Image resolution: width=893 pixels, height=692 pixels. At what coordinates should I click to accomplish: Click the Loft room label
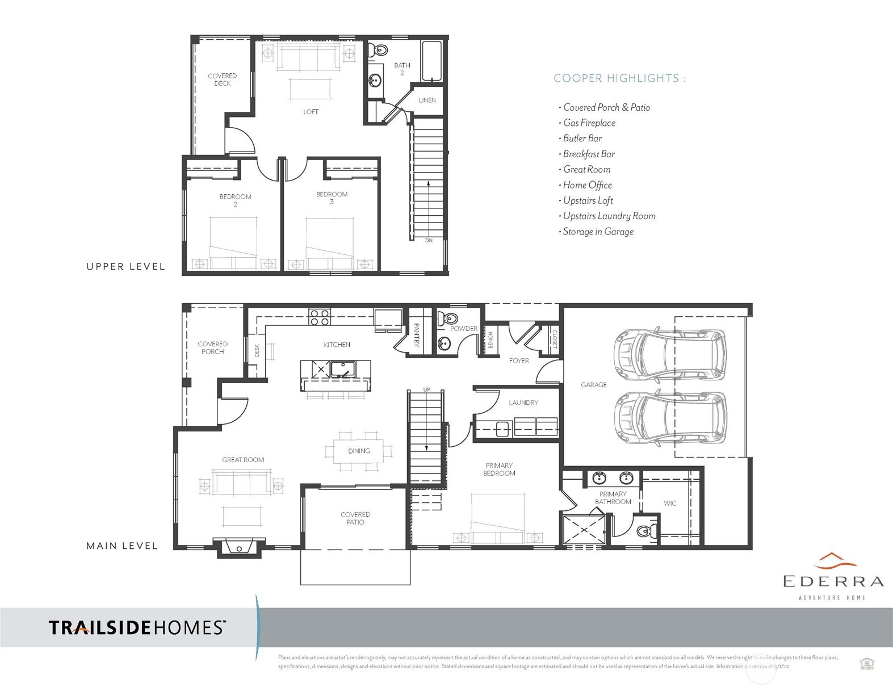(311, 112)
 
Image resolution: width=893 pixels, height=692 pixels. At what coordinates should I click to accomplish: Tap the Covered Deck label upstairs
(222, 79)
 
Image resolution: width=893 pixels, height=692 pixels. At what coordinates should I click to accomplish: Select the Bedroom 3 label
(332, 198)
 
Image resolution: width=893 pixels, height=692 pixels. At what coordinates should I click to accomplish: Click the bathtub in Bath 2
(433, 61)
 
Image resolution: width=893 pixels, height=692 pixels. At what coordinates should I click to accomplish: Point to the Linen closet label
(427, 100)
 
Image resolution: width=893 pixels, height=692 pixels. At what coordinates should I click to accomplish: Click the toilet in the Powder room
(450, 318)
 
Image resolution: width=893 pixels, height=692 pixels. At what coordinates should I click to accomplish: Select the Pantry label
(416, 335)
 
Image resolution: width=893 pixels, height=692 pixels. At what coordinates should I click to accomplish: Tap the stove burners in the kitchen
(320, 317)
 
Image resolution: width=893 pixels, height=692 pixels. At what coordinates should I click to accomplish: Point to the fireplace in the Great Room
(240, 548)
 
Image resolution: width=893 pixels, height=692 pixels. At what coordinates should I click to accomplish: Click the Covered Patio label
(355, 518)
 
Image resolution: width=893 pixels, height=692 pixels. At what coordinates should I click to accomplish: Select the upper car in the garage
(670, 355)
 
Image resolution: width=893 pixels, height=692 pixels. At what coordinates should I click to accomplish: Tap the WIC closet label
(670, 503)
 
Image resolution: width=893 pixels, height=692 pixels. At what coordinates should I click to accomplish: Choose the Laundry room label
(523, 402)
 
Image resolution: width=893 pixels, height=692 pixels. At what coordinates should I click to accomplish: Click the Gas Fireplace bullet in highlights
(589, 123)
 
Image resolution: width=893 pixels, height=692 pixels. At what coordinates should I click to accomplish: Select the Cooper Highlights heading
(619, 78)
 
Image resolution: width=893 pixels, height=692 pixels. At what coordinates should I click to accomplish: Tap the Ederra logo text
(833, 581)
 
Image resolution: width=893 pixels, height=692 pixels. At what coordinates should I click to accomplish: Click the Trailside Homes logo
(137, 627)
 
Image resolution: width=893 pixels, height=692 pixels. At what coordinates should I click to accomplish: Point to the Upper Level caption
(125, 266)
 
